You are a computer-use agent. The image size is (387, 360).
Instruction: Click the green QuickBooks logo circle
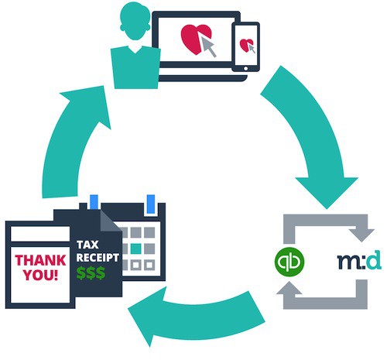(289, 262)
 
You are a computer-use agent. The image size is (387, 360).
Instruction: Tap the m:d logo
(359, 260)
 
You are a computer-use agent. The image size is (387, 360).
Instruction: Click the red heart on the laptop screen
(196, 39)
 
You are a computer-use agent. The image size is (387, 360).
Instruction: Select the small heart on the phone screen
(246, 45)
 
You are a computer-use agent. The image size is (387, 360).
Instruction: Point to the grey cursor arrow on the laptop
(209, 46)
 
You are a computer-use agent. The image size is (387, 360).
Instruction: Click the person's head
(134, 22)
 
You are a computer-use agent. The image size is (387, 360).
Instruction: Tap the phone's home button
(245, 68)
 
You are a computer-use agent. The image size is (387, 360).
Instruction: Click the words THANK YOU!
(40, 268)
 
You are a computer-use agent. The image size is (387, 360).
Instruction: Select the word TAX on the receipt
(87, 245)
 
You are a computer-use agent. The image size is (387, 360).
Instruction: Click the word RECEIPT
(98, 258)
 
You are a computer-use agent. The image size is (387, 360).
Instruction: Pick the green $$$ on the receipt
(91, 273)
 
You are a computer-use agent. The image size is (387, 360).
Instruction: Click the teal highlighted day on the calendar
(136, 249)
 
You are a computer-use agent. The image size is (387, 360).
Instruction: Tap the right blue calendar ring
(151, 204)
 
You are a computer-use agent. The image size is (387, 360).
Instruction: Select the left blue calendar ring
(94, 202)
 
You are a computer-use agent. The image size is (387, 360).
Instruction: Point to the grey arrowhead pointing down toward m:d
(361, 235)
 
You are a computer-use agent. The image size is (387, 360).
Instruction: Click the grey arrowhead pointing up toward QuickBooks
(289, 288)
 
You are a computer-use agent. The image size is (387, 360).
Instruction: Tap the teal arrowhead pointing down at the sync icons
(327, 191)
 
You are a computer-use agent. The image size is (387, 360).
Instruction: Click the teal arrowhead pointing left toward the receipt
(146, 316)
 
